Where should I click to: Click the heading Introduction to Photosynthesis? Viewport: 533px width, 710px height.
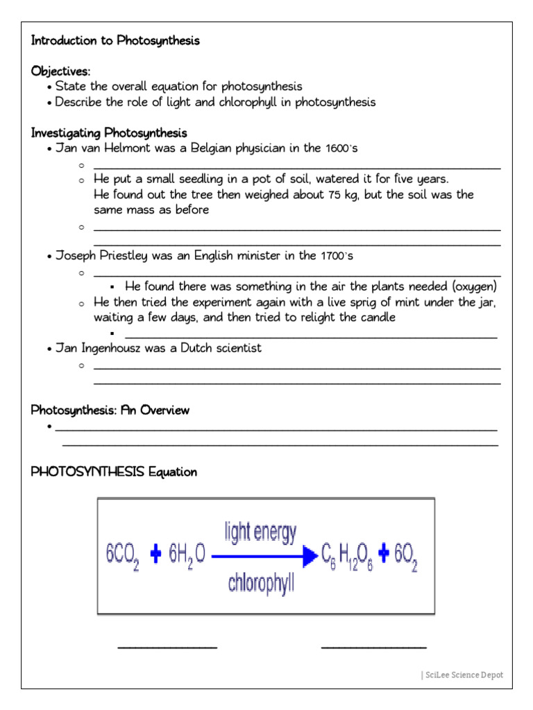tap(115, 41)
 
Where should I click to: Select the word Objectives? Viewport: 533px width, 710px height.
tap(60, 71)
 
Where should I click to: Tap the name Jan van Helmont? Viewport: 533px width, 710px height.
tap(99, 148)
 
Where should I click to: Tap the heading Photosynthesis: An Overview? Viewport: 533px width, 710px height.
tap(110, 410)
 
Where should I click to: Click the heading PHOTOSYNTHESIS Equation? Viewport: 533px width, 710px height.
tap(114, 472)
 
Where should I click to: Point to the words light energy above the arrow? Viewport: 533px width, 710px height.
tap(260, 532)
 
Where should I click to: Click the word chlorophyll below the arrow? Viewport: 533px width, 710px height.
tap(262, 583)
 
